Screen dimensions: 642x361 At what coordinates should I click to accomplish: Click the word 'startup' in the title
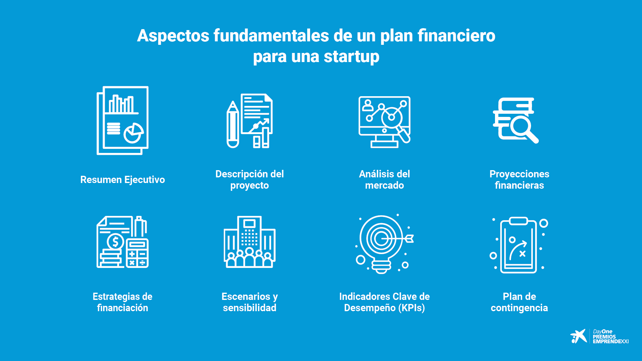click(x=351, y=57)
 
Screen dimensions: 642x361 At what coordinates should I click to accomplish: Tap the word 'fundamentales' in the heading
click(x=271, y=35)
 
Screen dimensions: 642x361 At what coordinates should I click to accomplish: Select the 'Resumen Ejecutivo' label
click(x=123, y=180)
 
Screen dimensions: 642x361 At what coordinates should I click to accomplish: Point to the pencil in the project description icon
click(x=233, y=124)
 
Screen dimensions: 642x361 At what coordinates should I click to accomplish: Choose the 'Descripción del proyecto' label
click(x=250, y=180)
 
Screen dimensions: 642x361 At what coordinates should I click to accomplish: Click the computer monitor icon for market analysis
click(x=385, y=122)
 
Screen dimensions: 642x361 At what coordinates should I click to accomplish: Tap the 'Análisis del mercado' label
click(x=385, y=180)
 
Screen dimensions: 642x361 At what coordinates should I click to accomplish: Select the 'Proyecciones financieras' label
click(x=519, y=180)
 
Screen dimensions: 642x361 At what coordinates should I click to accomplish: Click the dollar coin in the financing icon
click(x=115, y=242)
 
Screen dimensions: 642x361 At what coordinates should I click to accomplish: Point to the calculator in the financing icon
click(x=137, y=253)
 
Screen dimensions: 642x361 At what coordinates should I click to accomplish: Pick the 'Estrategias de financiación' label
click(x=123, y=302)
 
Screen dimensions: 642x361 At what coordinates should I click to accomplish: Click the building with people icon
click(x=250, y=242)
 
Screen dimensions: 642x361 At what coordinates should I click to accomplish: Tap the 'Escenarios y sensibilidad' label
click(x=250, y=302)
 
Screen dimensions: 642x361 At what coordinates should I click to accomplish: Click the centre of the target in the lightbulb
click(x=381, y=239)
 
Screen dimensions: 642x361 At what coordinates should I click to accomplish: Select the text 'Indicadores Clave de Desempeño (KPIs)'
click(x=385, y=302)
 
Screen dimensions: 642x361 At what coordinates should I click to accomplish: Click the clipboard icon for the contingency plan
click(x=519, y=245)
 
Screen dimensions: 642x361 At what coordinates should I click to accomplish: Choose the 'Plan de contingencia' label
click(x=519, y=302)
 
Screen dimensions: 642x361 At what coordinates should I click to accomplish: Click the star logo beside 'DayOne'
click(x=578, y=336)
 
